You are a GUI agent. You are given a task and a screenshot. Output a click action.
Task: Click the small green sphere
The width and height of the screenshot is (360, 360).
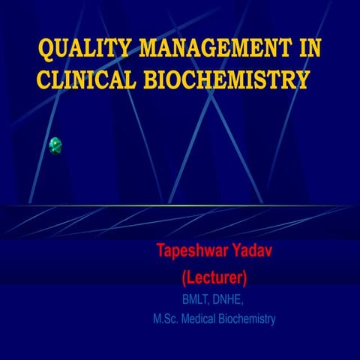coord(55,145)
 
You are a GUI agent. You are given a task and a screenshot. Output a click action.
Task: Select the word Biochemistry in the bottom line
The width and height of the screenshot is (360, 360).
coord(248,319)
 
